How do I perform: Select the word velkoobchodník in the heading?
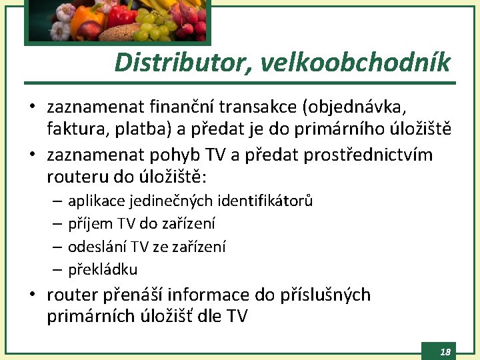[355, 63]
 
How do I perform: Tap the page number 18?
[445, 351]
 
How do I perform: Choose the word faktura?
[72, 129]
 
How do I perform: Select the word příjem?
[91, 224]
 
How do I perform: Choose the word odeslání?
[97, 247]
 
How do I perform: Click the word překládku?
[103, 270]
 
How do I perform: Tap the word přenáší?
[142, 295]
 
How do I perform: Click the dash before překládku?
[57, 270]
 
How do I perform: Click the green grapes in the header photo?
[150, 27]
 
